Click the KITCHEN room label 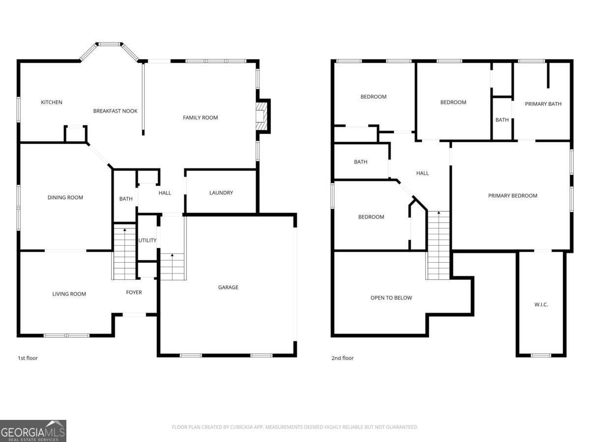(52, 102)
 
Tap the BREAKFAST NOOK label (116, 111)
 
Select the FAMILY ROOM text (200, 117)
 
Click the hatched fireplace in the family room (263, 115)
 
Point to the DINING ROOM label (65, 197)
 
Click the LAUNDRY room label (221, 193)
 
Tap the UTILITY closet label (147, 240)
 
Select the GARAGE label (228, 287)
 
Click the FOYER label (134, 292)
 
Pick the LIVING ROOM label (69, 294)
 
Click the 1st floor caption (28, 358)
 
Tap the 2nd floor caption (343, 358)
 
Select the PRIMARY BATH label (543, 104)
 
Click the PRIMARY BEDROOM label (512, 195)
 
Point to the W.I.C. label (541, 304)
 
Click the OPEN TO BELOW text (391, 298)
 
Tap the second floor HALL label (422, 173)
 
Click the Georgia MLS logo (33, 431)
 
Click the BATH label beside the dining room (126, 199)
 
